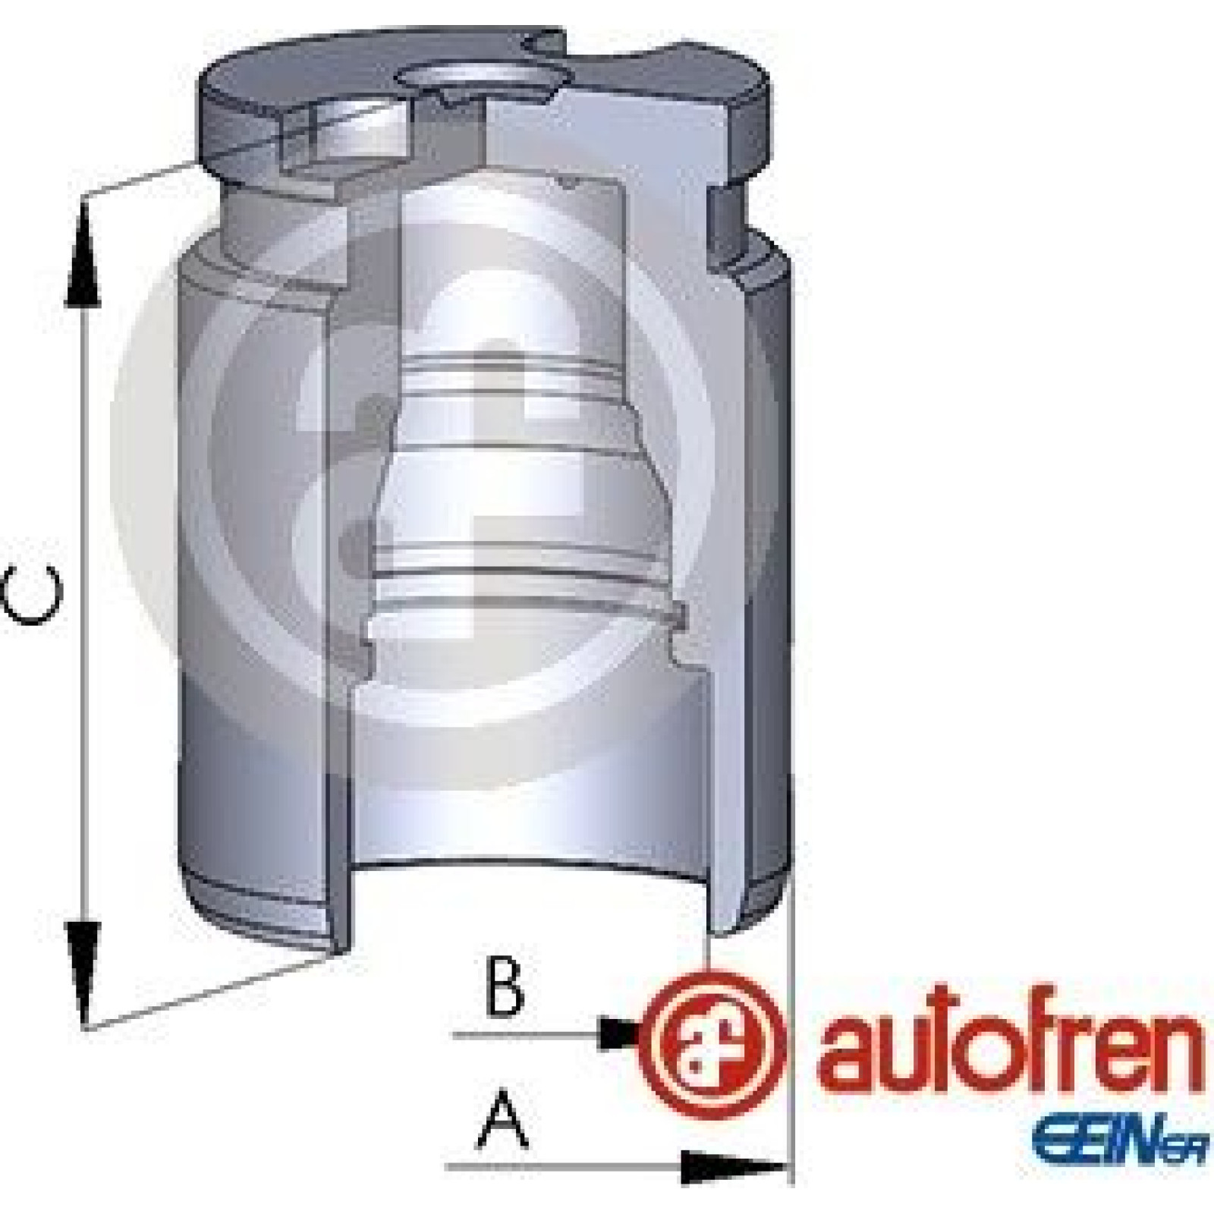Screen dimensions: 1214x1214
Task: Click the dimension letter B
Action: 504,988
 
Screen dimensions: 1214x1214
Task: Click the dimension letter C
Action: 29,594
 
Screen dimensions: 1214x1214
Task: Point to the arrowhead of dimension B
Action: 621,1033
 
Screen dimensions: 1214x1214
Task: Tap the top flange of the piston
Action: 486,106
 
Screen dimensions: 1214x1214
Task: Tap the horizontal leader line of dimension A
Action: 615,1167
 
